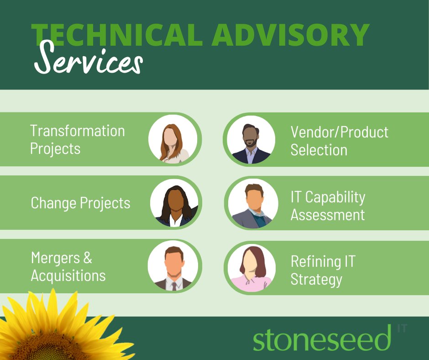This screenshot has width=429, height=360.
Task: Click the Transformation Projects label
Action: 77,140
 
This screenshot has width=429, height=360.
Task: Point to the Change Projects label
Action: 80,203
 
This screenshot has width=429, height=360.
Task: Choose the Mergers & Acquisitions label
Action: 68,267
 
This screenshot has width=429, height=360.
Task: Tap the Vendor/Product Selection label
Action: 339,141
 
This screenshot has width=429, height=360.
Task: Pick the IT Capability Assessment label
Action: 328,206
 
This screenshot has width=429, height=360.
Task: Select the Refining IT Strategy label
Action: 323,270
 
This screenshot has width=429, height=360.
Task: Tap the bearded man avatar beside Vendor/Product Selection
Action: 249,139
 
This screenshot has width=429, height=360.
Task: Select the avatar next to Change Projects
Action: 174,203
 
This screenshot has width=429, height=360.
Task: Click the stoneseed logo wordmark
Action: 322,339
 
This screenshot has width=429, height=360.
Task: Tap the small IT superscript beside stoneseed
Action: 402,328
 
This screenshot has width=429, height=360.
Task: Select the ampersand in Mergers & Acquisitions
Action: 88,258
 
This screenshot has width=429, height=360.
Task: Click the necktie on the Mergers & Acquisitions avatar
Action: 174,286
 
